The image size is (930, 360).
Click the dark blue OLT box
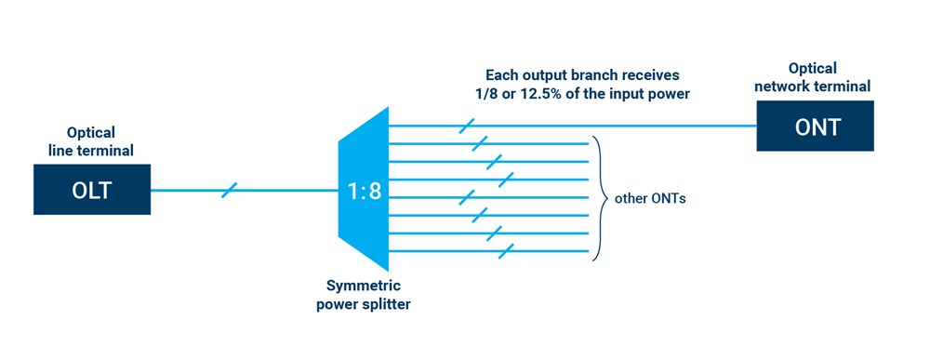(x=92, y=191)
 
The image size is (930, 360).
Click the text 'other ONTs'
(x=650, y=198)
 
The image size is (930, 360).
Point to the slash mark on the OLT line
(x=230, y=191)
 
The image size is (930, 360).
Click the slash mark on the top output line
(x=468, y=126)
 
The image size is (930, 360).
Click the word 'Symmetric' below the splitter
(x=363, y=285)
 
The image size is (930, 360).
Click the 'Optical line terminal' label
(x=92, y=141)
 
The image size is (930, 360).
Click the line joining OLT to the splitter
(x=279, y=191)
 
